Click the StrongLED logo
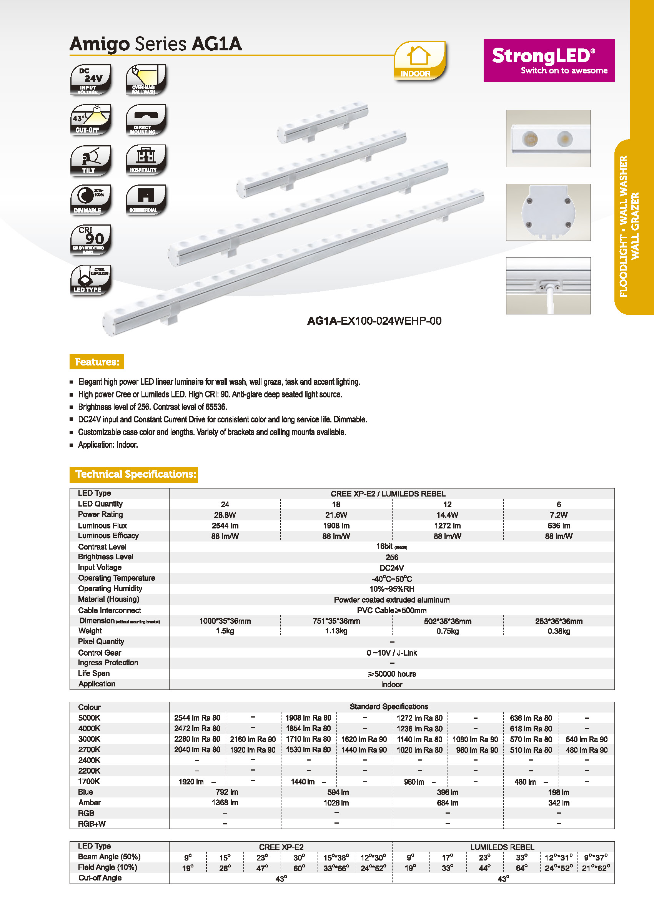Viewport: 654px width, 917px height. tap(549, 60)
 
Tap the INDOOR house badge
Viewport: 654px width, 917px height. tap(419, 60)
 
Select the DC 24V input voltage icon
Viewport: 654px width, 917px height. tap(91, 79)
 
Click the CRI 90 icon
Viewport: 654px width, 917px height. tap(91, 240)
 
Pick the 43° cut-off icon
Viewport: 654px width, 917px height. tap(91, 120)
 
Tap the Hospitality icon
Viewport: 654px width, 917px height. tap(146, 160)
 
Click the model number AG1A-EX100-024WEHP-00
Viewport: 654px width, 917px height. tap(374, 321)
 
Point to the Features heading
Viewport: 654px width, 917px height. tap(97, 362)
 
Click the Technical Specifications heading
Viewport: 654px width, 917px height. tap(134, 474)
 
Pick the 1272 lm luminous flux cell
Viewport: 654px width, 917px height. tap(448, 526)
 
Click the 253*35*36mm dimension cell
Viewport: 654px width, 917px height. tap(559, 621)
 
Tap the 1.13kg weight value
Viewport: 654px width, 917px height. tap(336, 631)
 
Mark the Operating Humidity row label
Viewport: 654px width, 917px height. tap(110, 588)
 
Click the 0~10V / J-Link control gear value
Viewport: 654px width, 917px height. tap(391, 653)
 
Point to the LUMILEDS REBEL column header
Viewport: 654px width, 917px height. tap(502, 847)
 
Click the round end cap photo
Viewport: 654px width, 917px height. tap(548, 212)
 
